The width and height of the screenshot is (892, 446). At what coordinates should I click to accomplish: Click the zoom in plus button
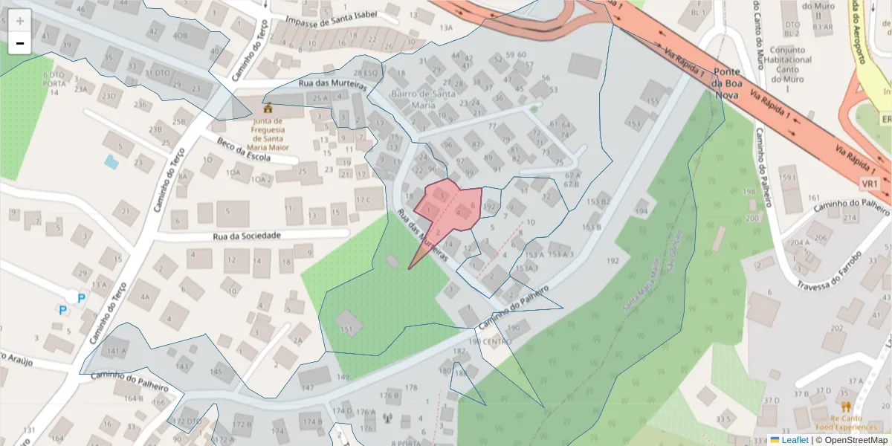coord(20,21)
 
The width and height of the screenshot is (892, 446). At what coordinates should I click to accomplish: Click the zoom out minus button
coord(20,43)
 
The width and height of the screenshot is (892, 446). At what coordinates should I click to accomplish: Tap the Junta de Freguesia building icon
coord(268,109)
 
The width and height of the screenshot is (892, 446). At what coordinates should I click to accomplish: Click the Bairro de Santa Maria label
coord(423,99)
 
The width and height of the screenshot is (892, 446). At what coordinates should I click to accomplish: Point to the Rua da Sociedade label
coord(247,236)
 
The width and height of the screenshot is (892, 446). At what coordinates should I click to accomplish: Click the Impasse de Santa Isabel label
coord(331,19)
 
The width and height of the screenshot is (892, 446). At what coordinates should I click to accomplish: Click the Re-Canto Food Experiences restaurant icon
coord(846,407)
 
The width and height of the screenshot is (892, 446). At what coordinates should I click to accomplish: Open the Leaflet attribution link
coord(795,440)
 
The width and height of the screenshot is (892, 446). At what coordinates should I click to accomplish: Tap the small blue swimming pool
coord(111,161)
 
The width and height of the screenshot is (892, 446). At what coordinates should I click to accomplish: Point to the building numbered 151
coord(346,328)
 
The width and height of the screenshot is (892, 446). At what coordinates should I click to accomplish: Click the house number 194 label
coord(641,213)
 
